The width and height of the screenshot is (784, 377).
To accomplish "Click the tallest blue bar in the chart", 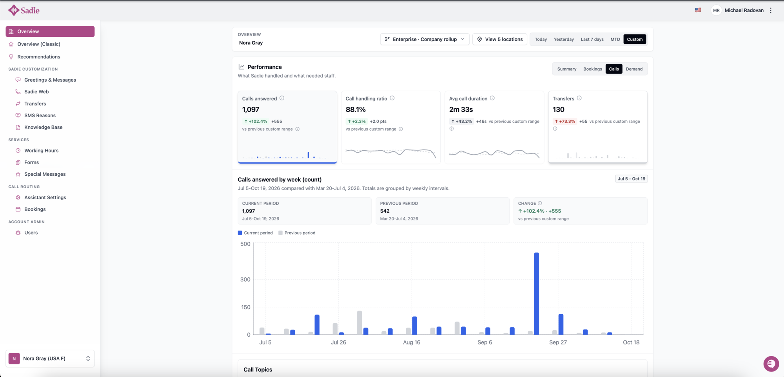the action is tap(536, 293).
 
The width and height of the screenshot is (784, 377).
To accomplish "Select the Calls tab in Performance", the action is tap(614, 69).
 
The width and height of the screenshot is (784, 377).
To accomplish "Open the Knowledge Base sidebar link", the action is tap(43, 127).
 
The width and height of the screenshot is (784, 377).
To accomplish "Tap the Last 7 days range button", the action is tap(592, 39).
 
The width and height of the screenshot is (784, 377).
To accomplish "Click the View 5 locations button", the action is tap(500, 39).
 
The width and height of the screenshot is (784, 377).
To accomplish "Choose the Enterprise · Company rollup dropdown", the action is tap(425, 39).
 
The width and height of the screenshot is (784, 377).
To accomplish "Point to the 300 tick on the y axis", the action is tap(245, 280).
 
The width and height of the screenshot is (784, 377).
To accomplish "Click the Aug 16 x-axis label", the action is tap(412, 342).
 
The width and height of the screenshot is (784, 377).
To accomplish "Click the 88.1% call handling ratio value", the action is tap(356, 110).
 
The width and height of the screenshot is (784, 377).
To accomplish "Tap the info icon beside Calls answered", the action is tap(282, 98).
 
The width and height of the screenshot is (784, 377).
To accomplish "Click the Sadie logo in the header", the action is tap(24, 10).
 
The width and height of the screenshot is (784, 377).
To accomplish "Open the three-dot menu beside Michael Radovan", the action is tap(771, 10).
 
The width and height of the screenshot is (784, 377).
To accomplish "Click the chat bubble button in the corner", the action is tap(771, 364).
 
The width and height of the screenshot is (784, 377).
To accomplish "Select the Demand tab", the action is tap(634, 69).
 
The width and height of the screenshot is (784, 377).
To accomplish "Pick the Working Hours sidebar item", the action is tap(41, 151).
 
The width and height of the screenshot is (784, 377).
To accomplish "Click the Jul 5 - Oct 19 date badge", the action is tap(632, 179).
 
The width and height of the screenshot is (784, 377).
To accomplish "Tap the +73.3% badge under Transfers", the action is tap(564, 122).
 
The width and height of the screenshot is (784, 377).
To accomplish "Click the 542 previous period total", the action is tap(385, 211).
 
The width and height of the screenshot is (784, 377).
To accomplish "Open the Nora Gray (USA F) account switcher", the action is tap(50, 359).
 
